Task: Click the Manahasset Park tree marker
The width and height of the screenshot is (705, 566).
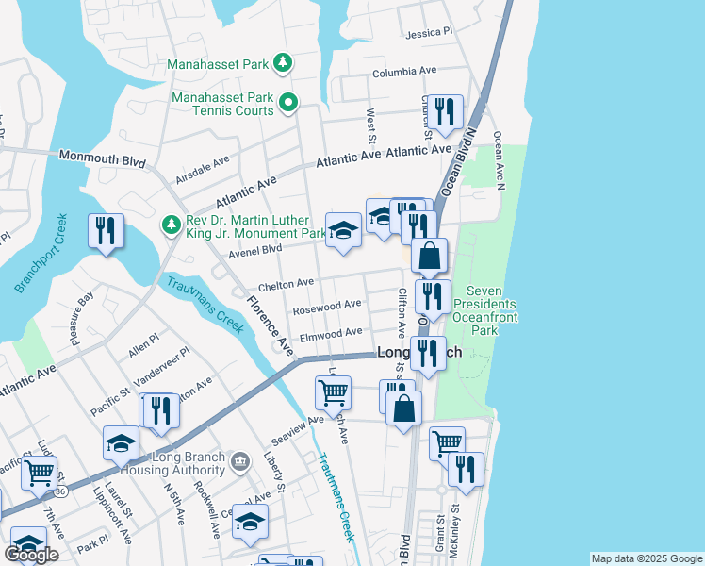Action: click(x=282, y=64)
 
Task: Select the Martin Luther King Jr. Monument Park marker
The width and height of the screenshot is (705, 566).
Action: click(x=170, y=224)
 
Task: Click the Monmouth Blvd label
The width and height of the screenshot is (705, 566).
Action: click(x=102, y=158)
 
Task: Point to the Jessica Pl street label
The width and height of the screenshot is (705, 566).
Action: click(x=429, y=33)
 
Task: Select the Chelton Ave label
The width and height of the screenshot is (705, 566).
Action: click(x=287, y=283)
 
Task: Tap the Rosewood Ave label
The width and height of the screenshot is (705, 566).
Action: click(x=327, y=306)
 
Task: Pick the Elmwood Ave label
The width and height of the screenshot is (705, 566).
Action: click(x=331, y=332)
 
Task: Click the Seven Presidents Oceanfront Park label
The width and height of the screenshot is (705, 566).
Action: click(x=484, y=304)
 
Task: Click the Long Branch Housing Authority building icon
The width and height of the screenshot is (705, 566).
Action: click(x=240, y=460)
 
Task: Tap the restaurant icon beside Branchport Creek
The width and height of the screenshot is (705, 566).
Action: click(x=106, y=230)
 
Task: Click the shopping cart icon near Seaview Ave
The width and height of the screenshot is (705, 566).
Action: click(x=333, y=391)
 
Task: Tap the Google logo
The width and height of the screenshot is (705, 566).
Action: click(x=32, y=555)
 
